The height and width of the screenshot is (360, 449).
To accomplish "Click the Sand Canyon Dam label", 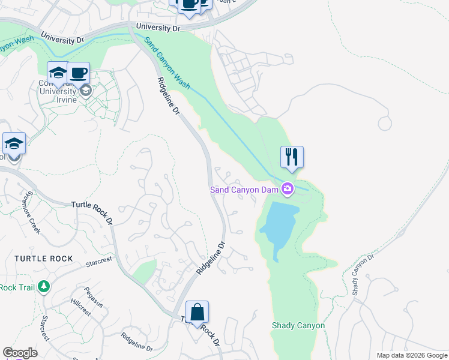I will coord(244,190).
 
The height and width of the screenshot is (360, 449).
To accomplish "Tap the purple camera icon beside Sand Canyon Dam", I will coord(288,190).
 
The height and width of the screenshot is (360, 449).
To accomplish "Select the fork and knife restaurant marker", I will coord(292,157).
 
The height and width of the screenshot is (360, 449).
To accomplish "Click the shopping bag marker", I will coord(197,313).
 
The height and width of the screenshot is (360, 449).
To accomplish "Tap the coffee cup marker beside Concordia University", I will coord(79,74).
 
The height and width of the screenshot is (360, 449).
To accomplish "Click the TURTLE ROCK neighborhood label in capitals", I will coord(44,259).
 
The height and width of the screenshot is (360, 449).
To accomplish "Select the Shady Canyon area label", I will coord(298,326).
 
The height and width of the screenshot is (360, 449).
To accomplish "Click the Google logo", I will coord(19,353).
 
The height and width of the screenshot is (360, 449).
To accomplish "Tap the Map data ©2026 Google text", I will coord(411,355).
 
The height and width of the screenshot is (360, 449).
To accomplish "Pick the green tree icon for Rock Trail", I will coord(43,287).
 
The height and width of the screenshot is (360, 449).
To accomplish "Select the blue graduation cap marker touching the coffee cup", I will coord(57,74).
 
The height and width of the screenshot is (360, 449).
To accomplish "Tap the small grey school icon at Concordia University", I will coord(85,91).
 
